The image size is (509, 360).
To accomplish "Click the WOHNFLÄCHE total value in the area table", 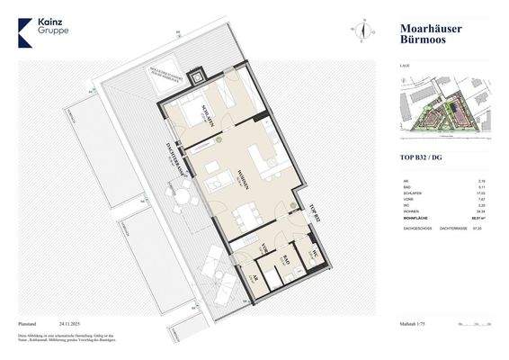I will [x=479, y=217].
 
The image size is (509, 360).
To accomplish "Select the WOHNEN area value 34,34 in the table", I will [x=479, y=211].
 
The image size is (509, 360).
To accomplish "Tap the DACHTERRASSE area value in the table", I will [x=479, y=229].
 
